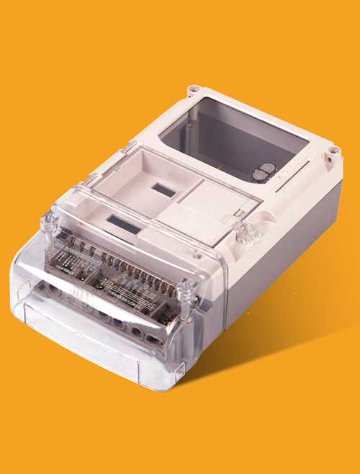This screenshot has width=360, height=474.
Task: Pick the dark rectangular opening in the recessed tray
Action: point(161,191)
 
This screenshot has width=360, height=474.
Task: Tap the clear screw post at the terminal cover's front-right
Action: point(186,291)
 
